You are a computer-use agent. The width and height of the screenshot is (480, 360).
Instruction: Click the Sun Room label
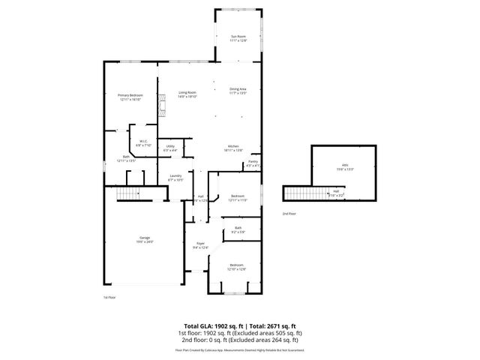238,37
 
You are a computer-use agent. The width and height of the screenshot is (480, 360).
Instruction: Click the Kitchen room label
234,146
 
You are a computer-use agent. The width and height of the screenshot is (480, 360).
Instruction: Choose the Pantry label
253,162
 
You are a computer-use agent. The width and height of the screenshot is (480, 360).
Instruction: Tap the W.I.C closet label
143,141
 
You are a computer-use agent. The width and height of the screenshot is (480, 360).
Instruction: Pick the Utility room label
170,147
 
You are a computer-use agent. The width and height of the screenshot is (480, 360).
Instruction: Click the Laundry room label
175,177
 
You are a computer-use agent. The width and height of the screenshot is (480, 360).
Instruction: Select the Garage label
144,238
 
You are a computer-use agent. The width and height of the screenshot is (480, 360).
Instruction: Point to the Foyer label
201,244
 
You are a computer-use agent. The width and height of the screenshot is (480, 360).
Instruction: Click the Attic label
345,166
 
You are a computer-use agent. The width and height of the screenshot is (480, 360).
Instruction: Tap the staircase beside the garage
128,194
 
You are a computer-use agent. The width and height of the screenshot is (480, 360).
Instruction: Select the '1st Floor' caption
109,297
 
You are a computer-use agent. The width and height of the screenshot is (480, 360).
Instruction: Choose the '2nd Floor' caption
289,214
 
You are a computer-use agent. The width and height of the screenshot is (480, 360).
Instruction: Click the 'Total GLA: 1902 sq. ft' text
208,326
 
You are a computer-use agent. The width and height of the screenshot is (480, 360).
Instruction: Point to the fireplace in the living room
160,105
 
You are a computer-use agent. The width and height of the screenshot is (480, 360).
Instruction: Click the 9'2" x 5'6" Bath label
238,229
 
